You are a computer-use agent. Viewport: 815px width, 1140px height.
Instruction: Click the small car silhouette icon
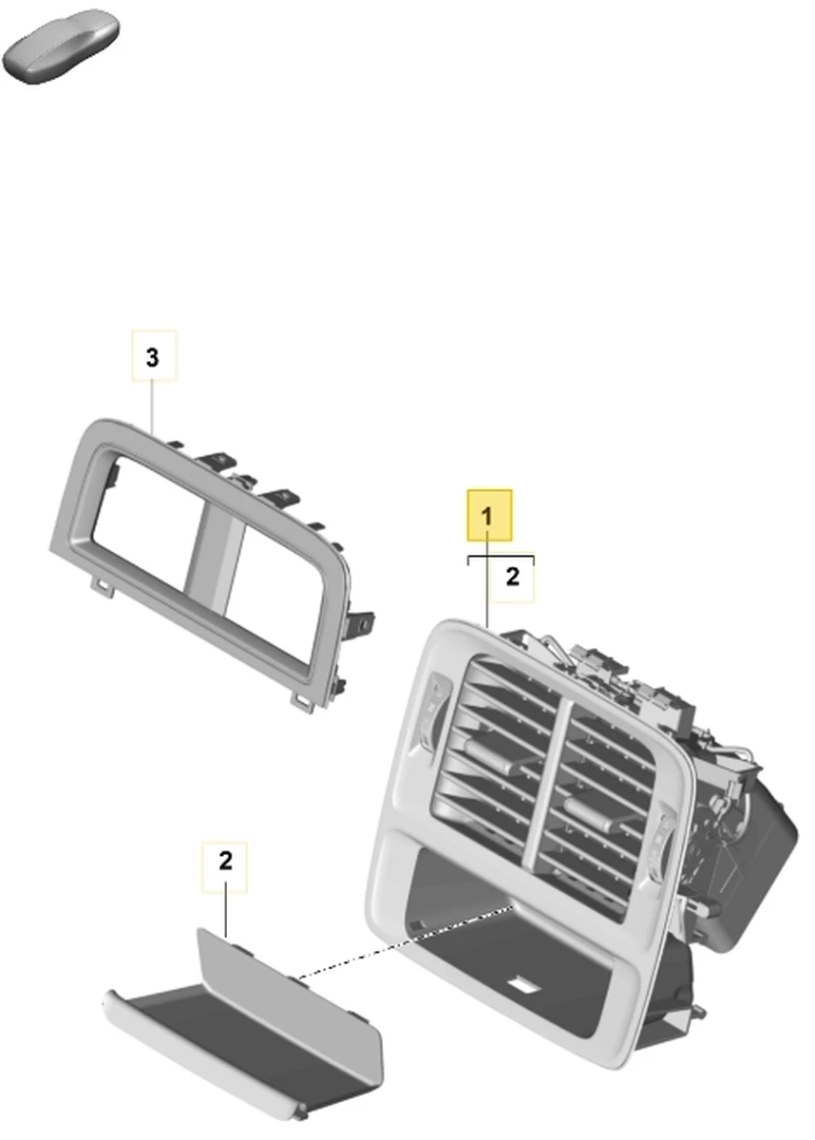61,45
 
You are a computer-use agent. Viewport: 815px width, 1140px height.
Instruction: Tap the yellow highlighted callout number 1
489,516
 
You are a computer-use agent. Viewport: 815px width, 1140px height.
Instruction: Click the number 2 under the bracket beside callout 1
513,577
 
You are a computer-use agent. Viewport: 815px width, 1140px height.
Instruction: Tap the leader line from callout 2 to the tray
225,915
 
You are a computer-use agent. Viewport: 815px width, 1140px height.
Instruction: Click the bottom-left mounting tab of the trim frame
102,587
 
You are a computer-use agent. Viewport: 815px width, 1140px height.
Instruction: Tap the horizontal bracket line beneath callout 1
502,557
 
